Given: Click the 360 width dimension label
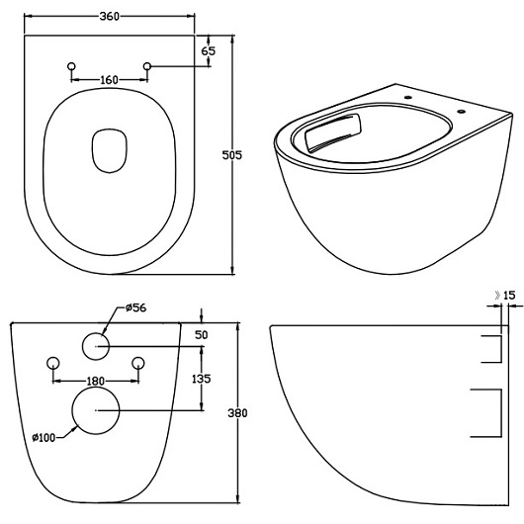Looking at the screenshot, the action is (110, 17).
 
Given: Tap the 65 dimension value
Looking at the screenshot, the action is (209, 51).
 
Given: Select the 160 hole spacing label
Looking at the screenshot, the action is (110, 80).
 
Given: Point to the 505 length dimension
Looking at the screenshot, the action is (232, 155).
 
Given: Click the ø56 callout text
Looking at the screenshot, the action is (136, 307).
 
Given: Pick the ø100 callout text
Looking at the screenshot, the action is (44, 437).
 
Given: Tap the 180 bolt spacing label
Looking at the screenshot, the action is (96, 381).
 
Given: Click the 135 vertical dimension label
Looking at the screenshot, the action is (201, 379).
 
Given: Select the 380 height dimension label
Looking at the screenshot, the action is (237, 413).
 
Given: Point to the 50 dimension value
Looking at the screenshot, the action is (201, 335).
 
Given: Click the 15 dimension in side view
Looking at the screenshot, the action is (509, 295).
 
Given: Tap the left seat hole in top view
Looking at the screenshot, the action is (71, 66).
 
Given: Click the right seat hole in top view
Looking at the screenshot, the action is (147, 66).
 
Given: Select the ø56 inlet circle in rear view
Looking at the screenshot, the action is (96, 346).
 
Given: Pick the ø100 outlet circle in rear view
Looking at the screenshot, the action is (96, 410).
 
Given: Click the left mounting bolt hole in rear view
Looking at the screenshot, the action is (53, 363).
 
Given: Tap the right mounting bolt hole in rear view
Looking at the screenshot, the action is (138, 363).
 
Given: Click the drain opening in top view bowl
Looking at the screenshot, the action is (110, 150).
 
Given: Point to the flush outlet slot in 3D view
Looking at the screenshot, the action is (333, 132).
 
